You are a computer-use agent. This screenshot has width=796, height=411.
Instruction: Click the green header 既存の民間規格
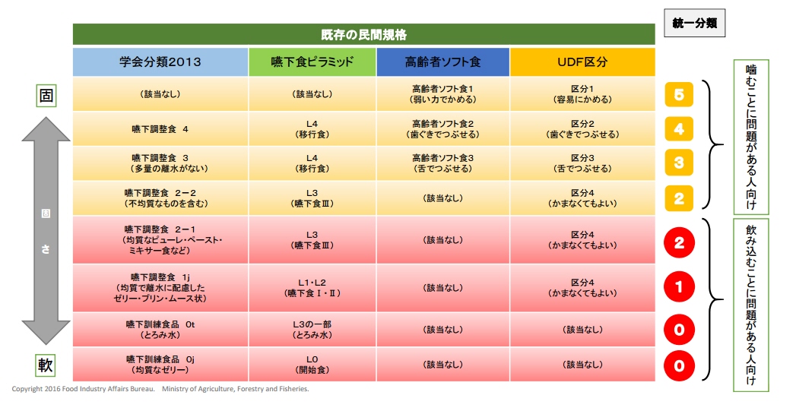point(363,34)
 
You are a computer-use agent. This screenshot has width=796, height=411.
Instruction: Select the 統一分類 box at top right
point(694,23)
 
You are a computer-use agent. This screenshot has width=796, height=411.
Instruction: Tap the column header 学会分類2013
point(160,62)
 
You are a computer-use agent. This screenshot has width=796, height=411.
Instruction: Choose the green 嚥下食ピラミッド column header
point(312,62)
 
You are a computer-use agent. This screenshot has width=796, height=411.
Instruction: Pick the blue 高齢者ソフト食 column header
point(442,62)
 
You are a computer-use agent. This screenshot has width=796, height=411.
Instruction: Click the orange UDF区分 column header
point(582,62)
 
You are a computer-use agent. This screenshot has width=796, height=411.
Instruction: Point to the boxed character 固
point(46,95)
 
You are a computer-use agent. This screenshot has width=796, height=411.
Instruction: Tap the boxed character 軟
point(46,365)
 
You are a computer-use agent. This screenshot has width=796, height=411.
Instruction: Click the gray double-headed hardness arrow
point(46,231)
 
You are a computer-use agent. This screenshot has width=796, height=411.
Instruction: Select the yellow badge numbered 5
point(679,94)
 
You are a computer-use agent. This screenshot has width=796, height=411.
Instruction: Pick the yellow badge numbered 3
point(679,163)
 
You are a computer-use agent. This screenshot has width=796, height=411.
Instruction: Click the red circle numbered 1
point(679,287)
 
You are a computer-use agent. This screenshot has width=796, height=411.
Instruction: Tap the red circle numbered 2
point(679,242)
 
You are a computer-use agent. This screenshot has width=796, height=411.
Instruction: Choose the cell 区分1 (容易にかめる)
point(582,94)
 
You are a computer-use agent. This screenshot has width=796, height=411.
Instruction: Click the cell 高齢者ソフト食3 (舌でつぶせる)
point(442,163)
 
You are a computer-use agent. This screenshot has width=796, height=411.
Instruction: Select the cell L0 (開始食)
point(312,365)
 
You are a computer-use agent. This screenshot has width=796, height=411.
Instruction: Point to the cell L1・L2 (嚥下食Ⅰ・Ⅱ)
point(312,288)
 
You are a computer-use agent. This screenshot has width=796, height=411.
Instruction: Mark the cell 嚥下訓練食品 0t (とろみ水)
point(160,330)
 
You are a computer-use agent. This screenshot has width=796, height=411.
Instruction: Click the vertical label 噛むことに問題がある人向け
point(751,137)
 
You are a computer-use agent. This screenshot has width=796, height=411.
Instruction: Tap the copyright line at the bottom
point(160,389)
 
